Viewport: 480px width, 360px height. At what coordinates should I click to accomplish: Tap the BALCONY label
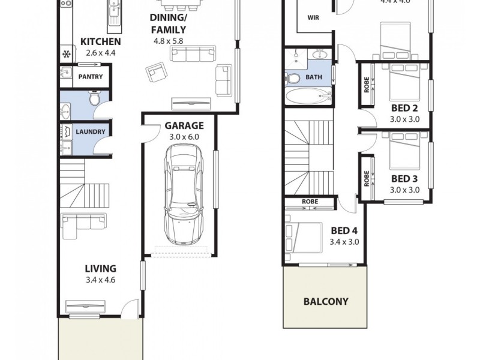(x=325, y=301)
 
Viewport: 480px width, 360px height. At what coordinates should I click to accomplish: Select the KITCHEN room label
(x=100, y=42)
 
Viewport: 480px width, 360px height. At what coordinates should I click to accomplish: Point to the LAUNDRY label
(x=91, y=131)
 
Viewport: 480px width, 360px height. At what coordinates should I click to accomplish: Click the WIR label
(x=313, y=17)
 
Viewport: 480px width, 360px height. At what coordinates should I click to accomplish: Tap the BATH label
(x=314, y=77)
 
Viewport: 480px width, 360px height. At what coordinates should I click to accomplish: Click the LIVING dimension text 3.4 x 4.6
(x=100, y=280)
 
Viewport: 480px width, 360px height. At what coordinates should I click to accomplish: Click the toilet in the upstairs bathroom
(x=293, y=78)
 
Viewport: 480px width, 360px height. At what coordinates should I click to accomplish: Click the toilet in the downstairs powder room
(x=95, y=98)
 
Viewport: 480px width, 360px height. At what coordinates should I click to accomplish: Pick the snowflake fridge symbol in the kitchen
(x=66, y=55)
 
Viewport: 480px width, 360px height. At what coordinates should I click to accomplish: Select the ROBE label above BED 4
(x=310, y=202)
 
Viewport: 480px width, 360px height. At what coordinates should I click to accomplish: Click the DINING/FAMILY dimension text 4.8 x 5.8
(x=168, y=41)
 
